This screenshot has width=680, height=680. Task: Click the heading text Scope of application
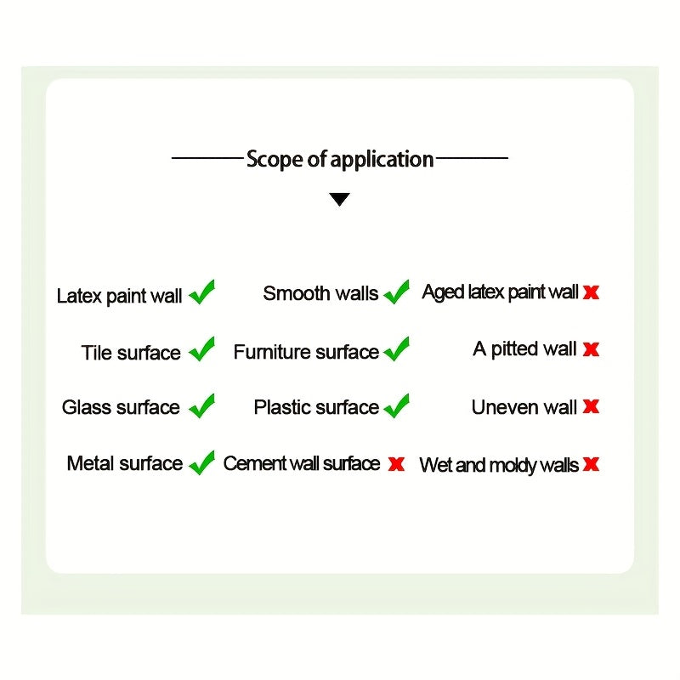tap(340, 159)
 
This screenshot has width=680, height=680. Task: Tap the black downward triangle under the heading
tap(339, 200)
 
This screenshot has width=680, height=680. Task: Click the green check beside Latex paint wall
tap(202, 292)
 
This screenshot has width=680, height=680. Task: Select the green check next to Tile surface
tap(202, 349)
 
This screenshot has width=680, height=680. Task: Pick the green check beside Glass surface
tap(202, 406)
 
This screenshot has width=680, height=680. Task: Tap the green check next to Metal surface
tap(202, 463)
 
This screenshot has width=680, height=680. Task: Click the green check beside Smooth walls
tap(397, 292)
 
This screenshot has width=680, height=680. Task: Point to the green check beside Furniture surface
tap(397, 349)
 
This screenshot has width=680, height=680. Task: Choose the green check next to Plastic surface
tap(397, 406)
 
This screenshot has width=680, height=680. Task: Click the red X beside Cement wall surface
tap(396, 464)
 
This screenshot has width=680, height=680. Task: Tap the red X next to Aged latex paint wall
tap(591, 292)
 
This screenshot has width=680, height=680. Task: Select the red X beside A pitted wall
tap(591, 349)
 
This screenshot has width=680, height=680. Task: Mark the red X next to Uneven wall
tap(591, 406)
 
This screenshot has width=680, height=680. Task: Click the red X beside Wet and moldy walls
tap(591, 464)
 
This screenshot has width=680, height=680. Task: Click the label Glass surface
tap(121, 407)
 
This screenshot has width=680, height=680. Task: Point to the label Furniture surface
tap(306, 352)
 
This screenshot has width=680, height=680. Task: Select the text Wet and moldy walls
tap(499, 465)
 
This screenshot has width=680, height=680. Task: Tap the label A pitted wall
tap(524, 349)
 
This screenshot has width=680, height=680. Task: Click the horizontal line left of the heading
tap(207, 158)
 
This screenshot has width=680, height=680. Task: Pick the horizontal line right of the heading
tap(472, 158)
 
